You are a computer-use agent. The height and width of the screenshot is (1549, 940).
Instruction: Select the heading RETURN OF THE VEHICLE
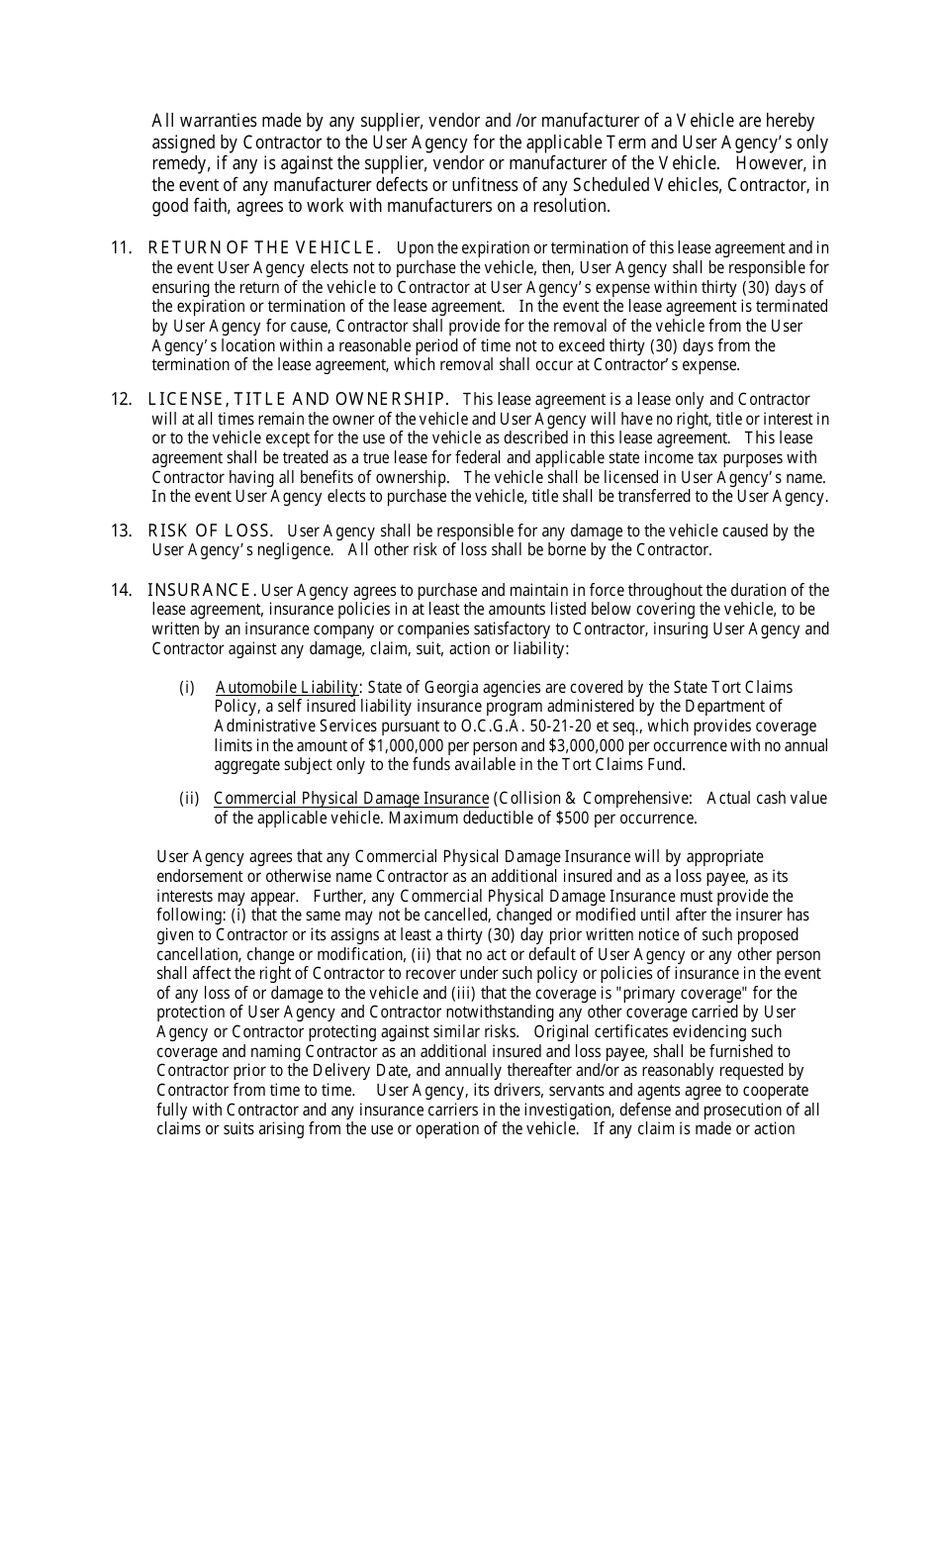point(264,247)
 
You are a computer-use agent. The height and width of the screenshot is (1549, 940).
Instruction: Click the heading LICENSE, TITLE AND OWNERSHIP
point(298,399)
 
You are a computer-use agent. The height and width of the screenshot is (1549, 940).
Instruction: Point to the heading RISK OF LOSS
point(210,531)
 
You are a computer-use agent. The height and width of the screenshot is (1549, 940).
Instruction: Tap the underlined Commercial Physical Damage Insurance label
point(351,798)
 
